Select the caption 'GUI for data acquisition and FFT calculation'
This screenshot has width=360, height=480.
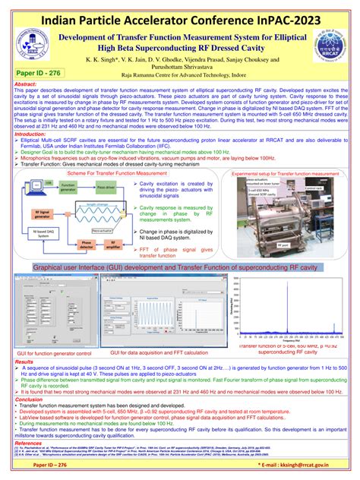pyautogui.click(x=159, y=352)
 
